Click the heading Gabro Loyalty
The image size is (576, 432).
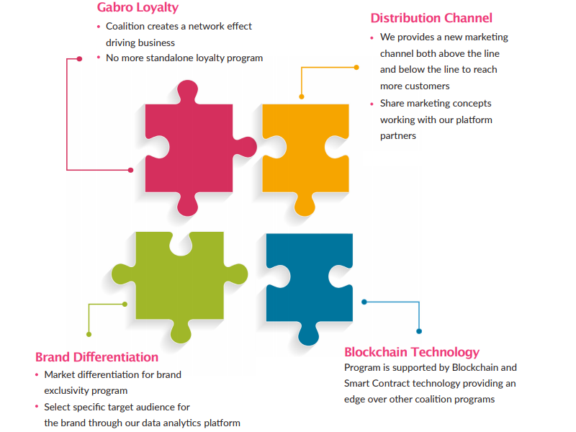pos(138,8)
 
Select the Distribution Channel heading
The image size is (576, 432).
pos(431,18)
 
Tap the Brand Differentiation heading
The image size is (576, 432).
pos(96,357)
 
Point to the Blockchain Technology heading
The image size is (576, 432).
pos(411,352)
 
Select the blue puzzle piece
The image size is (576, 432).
pos(306,281)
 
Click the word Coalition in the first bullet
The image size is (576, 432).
pos(127,27)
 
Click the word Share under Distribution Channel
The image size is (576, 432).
pos(393,104)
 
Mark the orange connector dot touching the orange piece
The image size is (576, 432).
pos(302,96)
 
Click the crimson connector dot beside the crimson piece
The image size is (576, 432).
pos(130,170)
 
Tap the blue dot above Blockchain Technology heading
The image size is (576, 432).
pos(419,331)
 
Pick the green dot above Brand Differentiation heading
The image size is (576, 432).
pos(89,334)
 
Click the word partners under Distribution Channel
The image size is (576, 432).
pos(398,135)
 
